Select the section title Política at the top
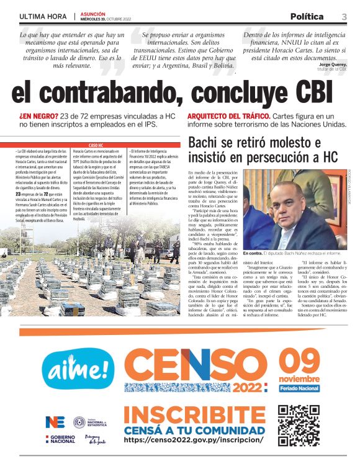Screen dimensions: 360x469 pos(307,16)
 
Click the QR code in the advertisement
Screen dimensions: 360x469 pos(299,425)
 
